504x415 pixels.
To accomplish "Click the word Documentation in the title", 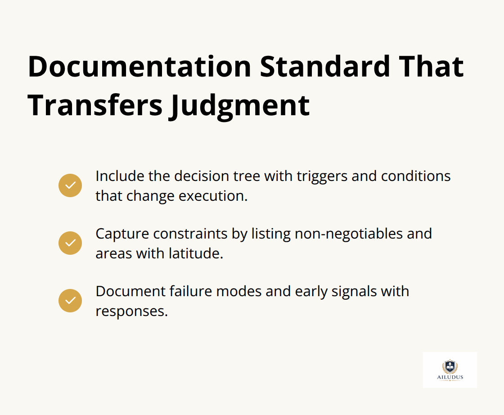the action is coord(139,67).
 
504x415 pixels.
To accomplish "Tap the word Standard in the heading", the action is coord(324,67).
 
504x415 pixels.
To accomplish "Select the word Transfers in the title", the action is coord(95,105).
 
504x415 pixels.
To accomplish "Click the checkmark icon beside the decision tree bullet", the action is coord(70,185).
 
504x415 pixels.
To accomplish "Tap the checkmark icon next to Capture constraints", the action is coord(70,243).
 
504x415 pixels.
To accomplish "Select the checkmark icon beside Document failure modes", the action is coord(70,301).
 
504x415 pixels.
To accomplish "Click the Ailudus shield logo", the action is coord(450,366).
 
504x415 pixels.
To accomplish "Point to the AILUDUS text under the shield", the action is coord(450,377).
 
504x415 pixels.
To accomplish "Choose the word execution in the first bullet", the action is coord(213,196).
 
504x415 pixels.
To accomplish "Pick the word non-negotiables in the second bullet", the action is coord(348,234).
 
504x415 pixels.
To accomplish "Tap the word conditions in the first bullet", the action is coord(416,176).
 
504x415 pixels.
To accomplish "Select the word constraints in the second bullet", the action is coord(190,234).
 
